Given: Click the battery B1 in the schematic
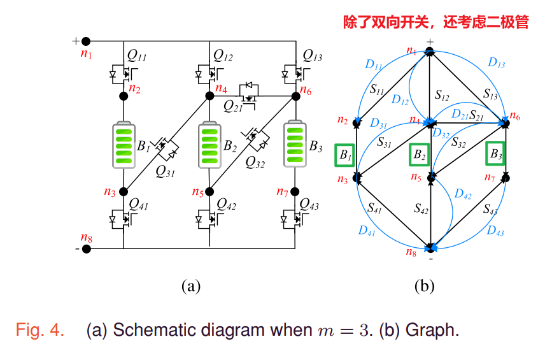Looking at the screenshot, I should click(124, 145).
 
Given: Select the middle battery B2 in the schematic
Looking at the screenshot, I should click(209, 145).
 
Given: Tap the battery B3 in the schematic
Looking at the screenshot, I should click(295, 145).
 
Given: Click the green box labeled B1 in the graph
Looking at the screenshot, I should click(344, 155).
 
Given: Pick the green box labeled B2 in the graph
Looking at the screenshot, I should click(418, 155).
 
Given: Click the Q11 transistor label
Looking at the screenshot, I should click(137, 57).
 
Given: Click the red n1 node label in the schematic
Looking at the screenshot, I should click(86, 54).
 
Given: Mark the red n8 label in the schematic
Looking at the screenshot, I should click(86, 239).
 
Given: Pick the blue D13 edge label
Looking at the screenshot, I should click(496, 62).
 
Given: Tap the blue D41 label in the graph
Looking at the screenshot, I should click(367, 231).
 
